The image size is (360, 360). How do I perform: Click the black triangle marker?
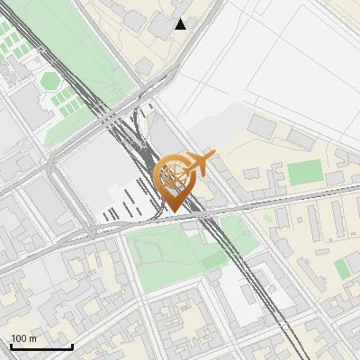pyautogui.click(x=181, y=23)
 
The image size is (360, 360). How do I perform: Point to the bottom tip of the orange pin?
pyautogui.click(x=175, y=212)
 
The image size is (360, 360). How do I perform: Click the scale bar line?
pyautogui.click(x=40, y=346)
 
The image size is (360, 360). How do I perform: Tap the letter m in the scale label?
pyautogui.click(x=32, y=338)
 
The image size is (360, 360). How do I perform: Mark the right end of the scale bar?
pyautogui.click(x=72, y=346)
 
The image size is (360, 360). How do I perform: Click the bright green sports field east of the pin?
pyautogui.click(x=304, y=172)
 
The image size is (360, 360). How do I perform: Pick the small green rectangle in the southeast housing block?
pyautogui.click(x=344, y=267)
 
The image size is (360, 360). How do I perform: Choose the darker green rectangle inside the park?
pyautogui.click(x=214, y=261)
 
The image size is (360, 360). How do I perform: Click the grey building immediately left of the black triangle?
pyautogui.click(x=160, y=25)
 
